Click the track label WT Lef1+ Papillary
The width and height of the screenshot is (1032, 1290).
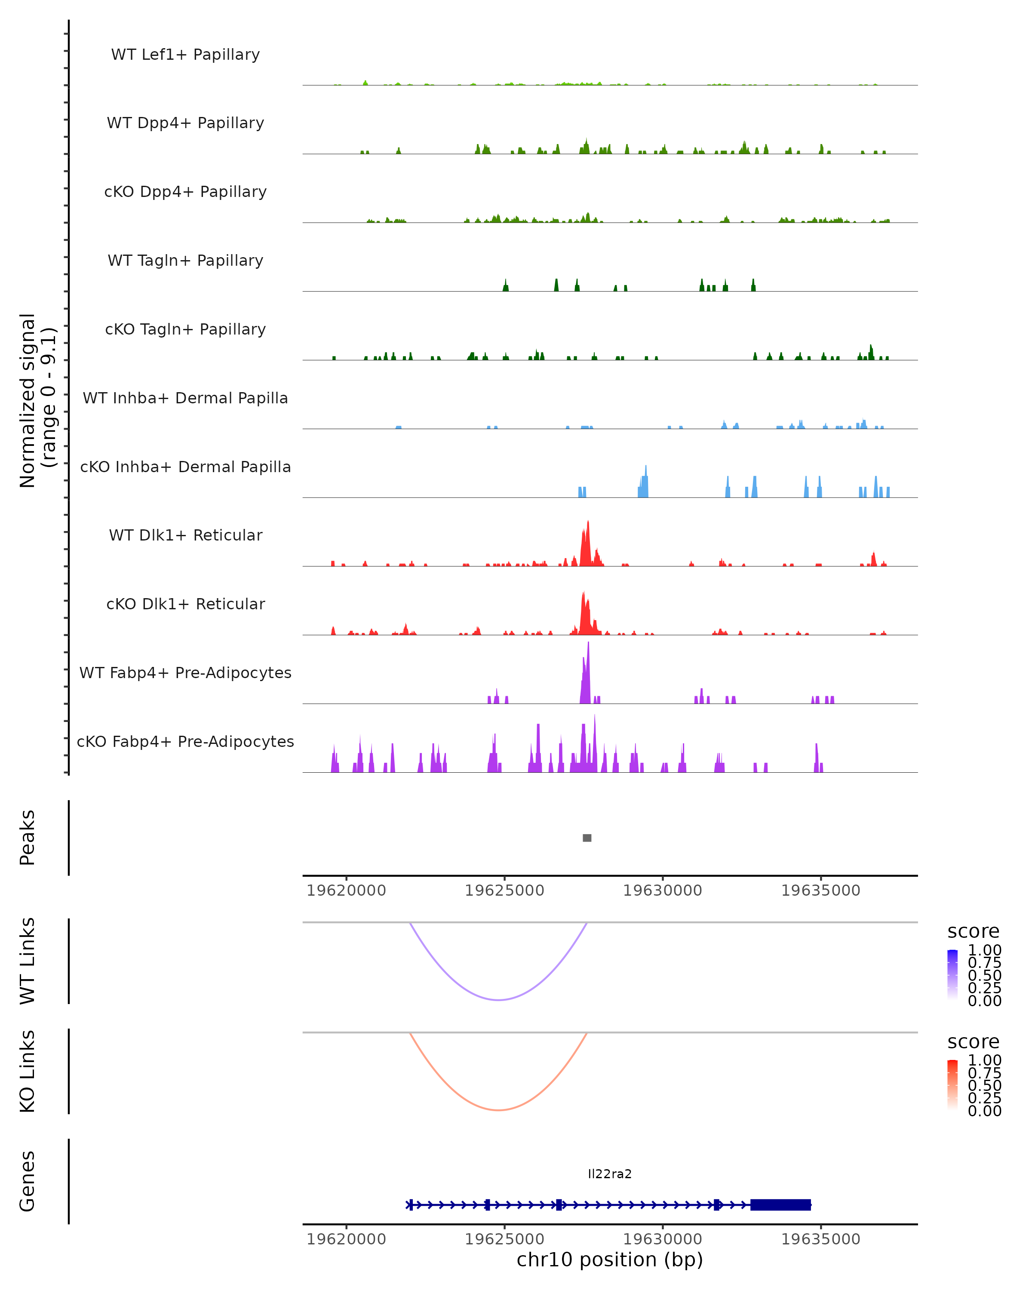coord(185,55)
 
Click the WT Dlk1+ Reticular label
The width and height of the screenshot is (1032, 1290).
coord(185,535)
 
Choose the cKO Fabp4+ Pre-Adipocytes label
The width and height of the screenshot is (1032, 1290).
coord(185,741)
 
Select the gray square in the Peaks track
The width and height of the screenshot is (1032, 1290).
coord(587,838)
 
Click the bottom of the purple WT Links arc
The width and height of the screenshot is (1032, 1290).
coord(498,999)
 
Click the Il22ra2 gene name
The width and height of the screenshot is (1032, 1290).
coord(610,1174)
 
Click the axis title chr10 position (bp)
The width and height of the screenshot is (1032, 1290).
coord(610,1259)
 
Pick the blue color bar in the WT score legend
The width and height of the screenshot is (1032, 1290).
coord(952,975)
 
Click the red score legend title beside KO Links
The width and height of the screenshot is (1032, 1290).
coord(974,1042)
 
